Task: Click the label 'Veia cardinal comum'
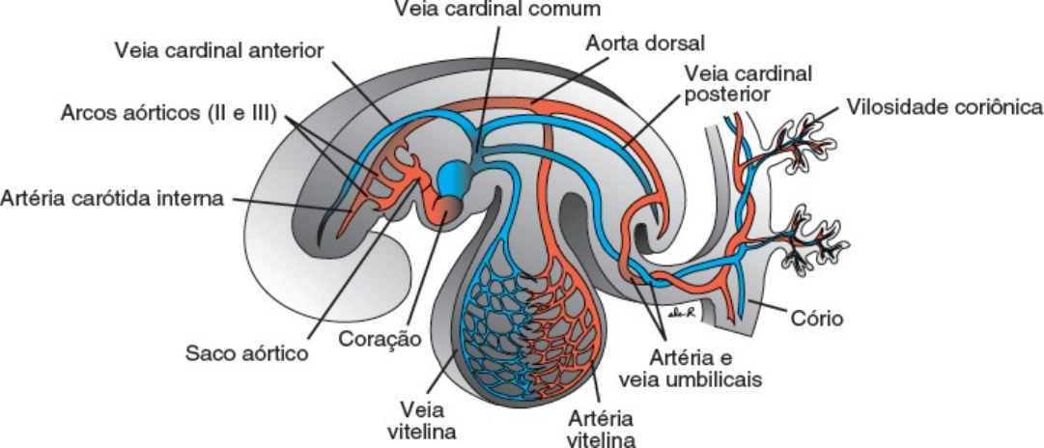pos(498,10)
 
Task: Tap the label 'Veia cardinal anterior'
pos(218,49)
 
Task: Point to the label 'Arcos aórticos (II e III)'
pos(168,113)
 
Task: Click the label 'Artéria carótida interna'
pos(113,200)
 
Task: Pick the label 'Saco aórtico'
pos(246,352)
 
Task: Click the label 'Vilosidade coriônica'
pos(944,105)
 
